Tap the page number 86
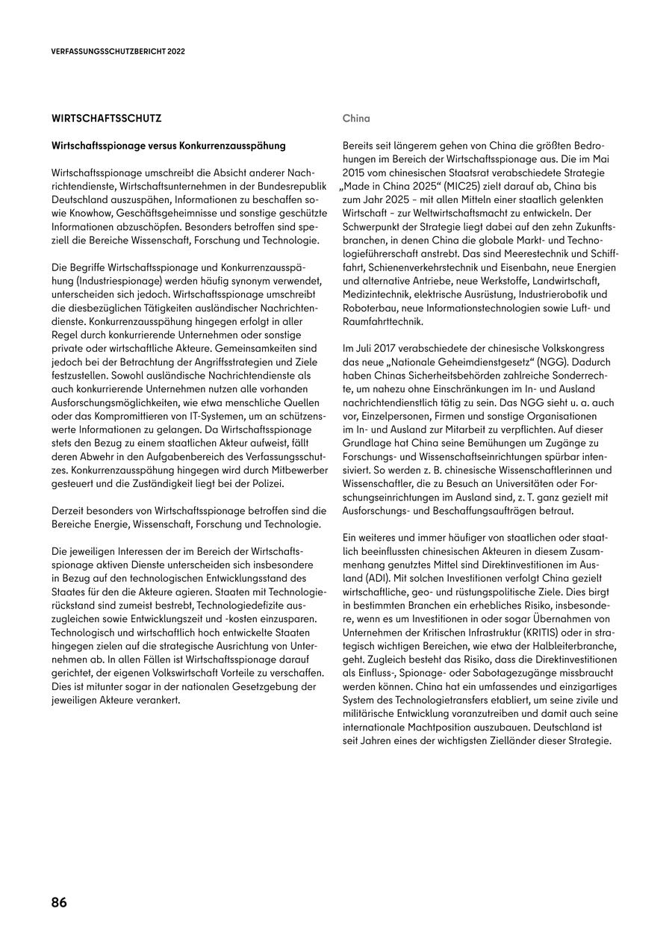pyautogui.click(x=59, y=902)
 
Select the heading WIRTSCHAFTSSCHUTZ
pyautogui.click(x=107, y=118)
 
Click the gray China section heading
pyautogui.click(x=356, y=118)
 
